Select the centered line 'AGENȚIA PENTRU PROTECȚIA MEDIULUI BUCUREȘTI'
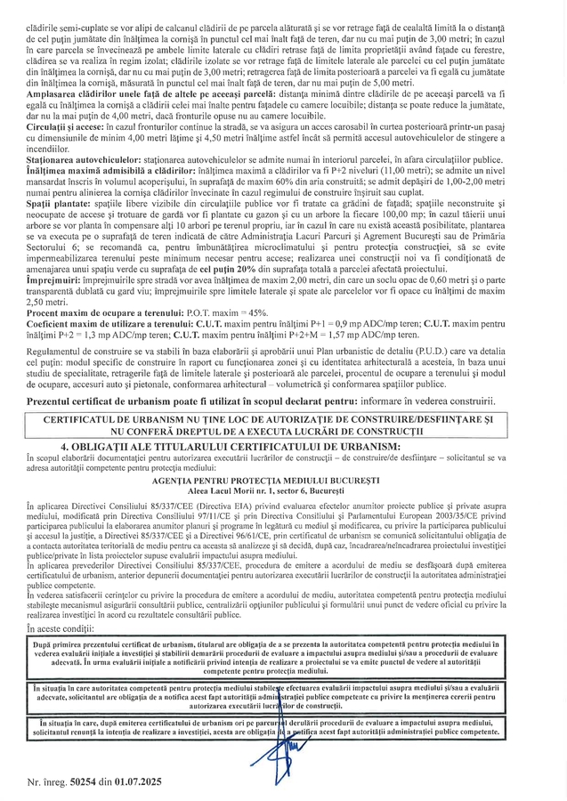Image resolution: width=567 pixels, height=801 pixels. point(283,479)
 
